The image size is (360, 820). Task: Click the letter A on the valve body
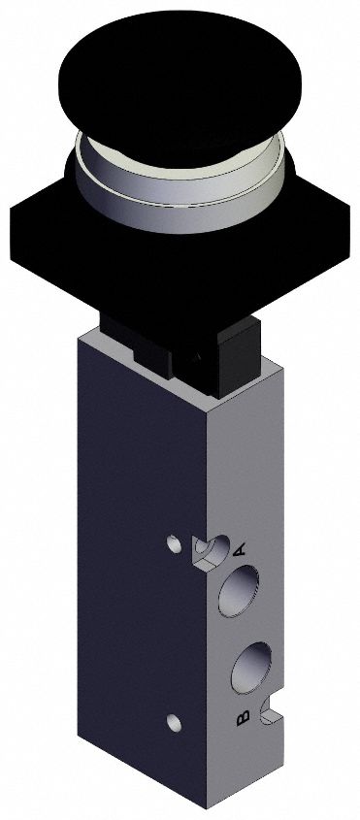coord(239,550)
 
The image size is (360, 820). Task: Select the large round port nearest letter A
coord(239,589)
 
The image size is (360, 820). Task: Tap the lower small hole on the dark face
coord(174,720)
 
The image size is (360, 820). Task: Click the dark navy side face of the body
coord(136,582)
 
